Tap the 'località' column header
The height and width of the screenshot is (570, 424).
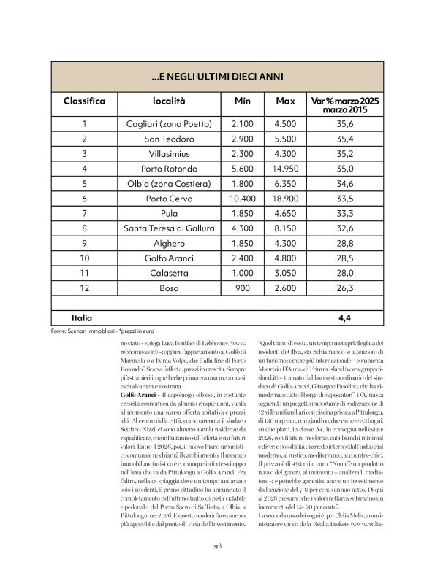click(x=170, y=101)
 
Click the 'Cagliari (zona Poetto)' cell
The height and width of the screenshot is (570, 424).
click(x=170, y=125)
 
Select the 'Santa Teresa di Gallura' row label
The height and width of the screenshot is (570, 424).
click(x=170, y=228)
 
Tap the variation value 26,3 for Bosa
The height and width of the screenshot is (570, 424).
click(x=346, y=287)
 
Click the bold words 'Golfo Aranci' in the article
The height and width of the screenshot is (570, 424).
click(x=137, y=394)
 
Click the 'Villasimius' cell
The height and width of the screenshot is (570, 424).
click(x=170, y=154)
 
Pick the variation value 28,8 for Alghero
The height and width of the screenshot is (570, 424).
click(x=346, y=242)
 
